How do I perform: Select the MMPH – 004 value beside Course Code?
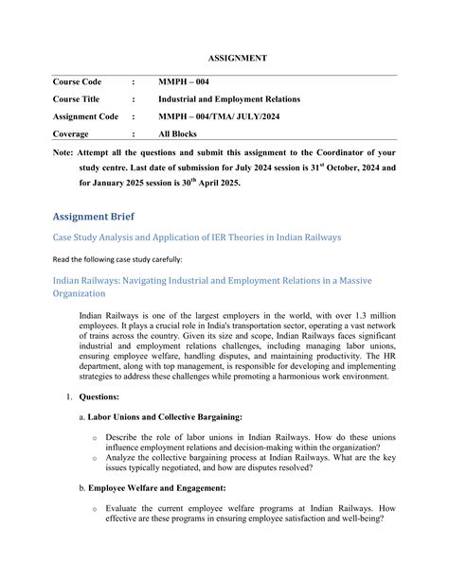tap(183, 82)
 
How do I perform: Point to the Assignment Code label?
tap(86, 116)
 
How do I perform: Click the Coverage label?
tap(72, 133)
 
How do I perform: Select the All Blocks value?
tap(180, 133)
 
